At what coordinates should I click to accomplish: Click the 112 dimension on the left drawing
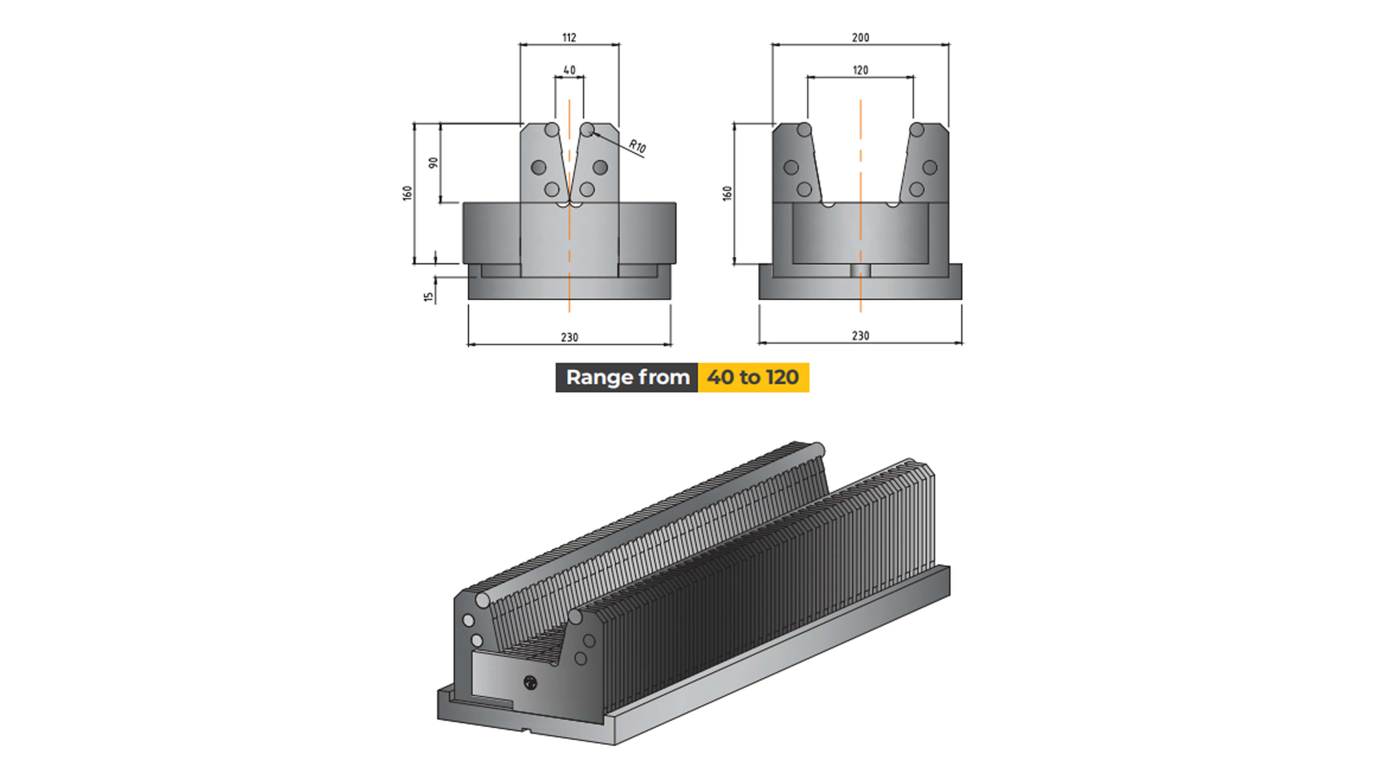(569, 38)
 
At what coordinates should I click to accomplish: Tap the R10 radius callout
(637, 146)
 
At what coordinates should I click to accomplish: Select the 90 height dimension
(434, 163)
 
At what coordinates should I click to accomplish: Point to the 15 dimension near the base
(429, 296)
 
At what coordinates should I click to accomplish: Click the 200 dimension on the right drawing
(860, 38)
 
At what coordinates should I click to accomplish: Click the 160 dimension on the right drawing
(727, 193)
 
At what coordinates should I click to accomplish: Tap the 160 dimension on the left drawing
(407, 193)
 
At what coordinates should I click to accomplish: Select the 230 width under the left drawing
(569, 337)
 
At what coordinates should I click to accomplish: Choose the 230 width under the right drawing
(860, 336)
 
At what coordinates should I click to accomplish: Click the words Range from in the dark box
(627, 377)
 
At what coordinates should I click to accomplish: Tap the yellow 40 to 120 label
(753, 377)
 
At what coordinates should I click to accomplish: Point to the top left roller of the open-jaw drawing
(804, 130)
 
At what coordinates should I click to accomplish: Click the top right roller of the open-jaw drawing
(916, 130)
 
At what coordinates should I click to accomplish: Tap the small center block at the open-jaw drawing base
(860, 271)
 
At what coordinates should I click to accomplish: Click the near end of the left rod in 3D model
(483, 600)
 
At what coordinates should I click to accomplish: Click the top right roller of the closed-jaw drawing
(586, 130)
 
